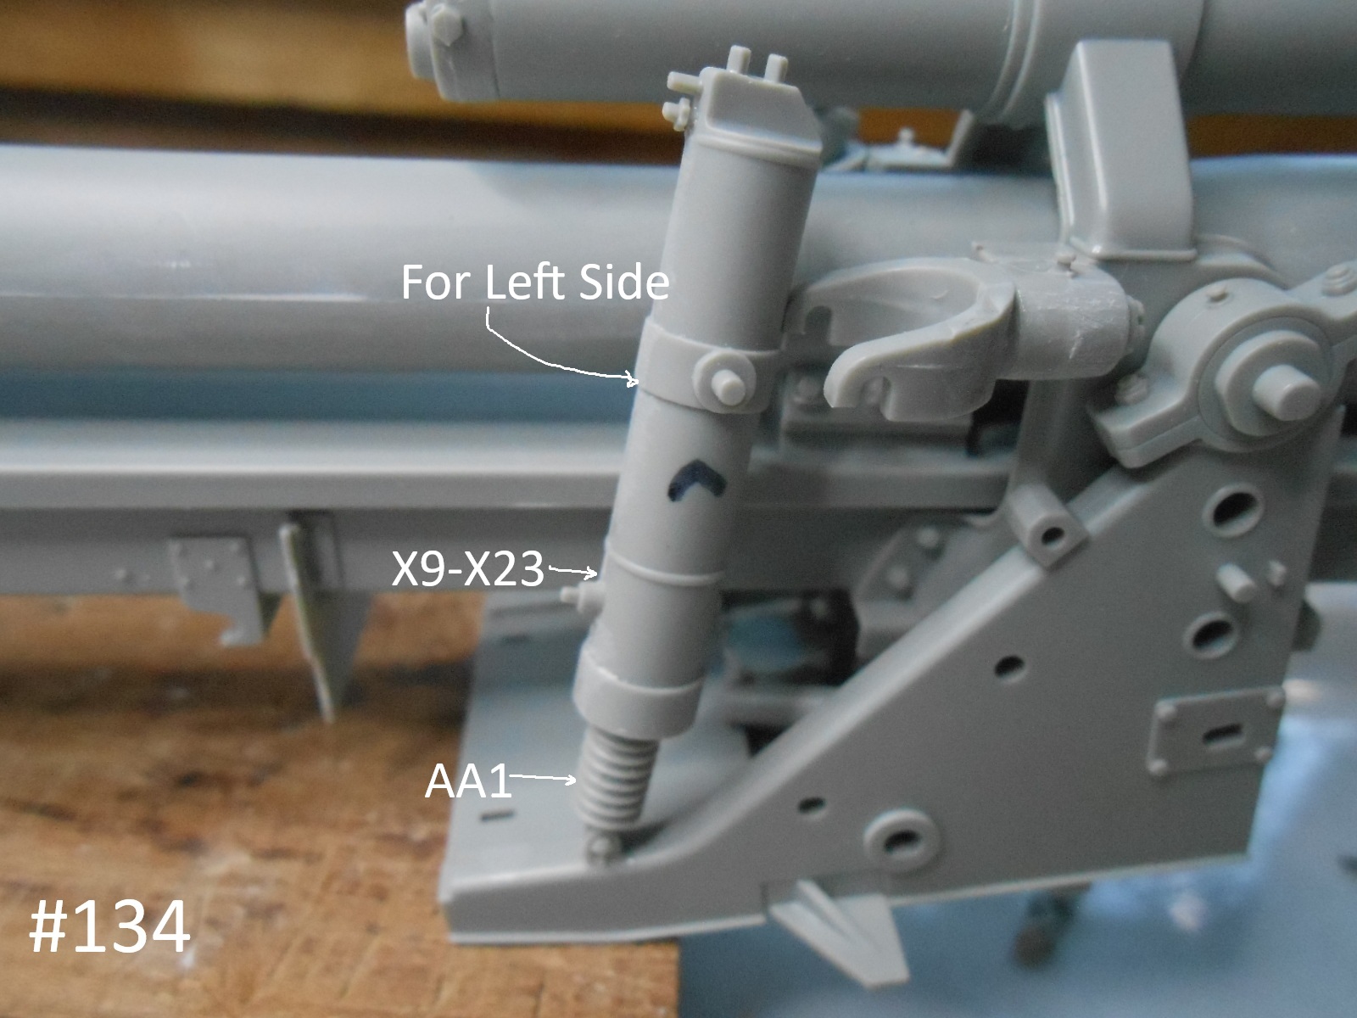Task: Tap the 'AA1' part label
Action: click(x=468, y=782)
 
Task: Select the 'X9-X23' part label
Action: click(x=468, y=568)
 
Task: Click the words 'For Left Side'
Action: click(x=535, y=282)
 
